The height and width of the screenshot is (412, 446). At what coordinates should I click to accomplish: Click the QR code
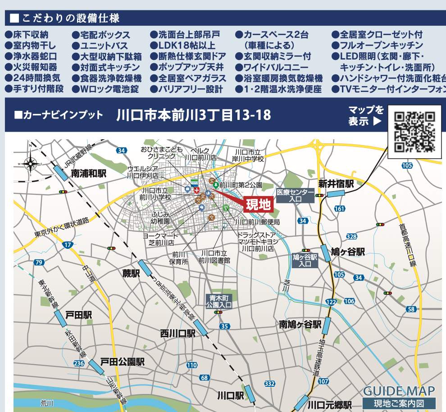414,131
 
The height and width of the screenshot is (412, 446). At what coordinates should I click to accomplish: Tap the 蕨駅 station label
131,273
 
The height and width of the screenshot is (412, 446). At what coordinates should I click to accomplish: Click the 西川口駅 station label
177,334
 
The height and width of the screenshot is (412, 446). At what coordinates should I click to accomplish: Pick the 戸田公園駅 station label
122,362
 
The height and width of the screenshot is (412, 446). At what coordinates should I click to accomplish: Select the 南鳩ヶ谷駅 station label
300,324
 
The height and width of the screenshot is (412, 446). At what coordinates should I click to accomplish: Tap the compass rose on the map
31,163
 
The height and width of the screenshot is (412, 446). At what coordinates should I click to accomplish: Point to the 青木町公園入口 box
218,301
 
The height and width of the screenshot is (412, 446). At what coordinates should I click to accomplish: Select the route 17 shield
68,245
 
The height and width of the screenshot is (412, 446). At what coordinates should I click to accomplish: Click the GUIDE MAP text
399,391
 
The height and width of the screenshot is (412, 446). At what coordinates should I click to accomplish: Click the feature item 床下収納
30,35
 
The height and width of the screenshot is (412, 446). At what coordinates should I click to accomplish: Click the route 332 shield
269,383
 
